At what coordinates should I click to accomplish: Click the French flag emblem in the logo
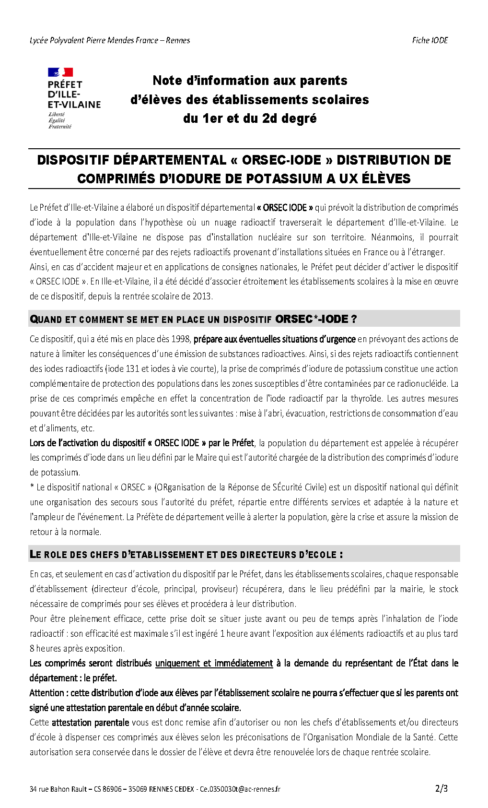pyautogui.click(x=60, y=72)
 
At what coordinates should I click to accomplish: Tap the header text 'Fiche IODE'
pyautogui.click(x=430, y=40)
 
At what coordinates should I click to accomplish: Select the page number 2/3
pyautogui.click(x=441, y=788)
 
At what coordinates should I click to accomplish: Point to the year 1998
pyautogui.click(x=181, y=339)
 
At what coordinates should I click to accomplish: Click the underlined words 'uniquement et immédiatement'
pyautogui.click(x=214, y=664)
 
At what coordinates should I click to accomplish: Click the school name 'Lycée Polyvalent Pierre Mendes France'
pyautogui.click(x=94, y=40)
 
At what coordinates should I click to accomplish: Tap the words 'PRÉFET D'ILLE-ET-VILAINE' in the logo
pyautogui.click(x=74, y=94)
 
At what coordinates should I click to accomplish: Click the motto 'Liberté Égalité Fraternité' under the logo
pyautogui.click(x=60, y=120)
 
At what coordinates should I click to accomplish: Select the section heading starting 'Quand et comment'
pyautogui.click(x=193, y=319)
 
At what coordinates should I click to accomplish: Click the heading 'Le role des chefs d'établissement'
pyautogui.click(x=186, y=555)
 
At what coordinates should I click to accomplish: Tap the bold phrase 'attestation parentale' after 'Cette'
pyautogui.click(x=90, y=723)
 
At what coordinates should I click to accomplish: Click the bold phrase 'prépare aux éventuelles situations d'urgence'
pyautogui.click(x=274, y=339)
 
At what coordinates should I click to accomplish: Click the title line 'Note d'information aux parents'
pyautogui.click(x=250, y=81)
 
